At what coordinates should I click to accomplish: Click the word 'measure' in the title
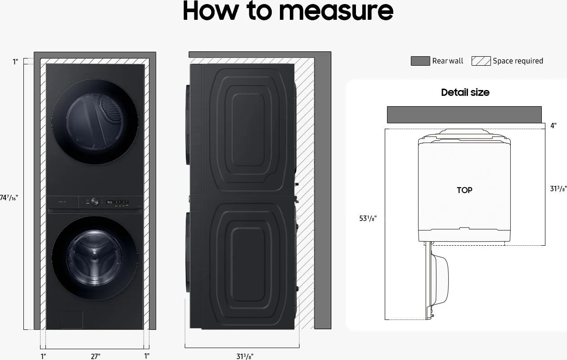[x=336, y=11]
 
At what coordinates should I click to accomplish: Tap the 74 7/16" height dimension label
[x=9, y=198]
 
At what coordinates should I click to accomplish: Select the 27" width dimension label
[x=95, y=356]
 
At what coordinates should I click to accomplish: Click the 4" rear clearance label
[x=553, y=126]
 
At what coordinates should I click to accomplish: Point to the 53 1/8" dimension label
[x=368, y=218]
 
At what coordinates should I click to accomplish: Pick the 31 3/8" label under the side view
[x=245, y=356]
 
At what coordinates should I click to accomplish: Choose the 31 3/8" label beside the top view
[x=558, y=189]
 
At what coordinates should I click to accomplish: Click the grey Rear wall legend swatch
[x=420, y=61]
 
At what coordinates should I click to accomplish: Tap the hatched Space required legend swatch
[x=481, y=61]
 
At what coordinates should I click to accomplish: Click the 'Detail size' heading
[x=465, y=92]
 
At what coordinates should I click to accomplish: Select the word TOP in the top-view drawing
[x=464, y=190]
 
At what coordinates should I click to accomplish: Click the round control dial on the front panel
[x=94, y=202]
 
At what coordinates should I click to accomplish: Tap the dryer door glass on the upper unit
[x=94, y=121]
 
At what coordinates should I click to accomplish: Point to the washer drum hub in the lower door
[x=94, y=256]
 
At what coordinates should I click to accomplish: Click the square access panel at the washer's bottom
[x=72, y=319]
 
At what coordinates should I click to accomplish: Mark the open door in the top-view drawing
[x=436, y=280]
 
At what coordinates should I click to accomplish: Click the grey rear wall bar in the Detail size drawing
[x=464, y=115]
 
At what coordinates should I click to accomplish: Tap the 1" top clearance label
[x=15, y=62]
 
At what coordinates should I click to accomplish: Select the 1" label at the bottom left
[x=43, y=356]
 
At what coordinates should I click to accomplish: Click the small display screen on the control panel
[x=110, y=202]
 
